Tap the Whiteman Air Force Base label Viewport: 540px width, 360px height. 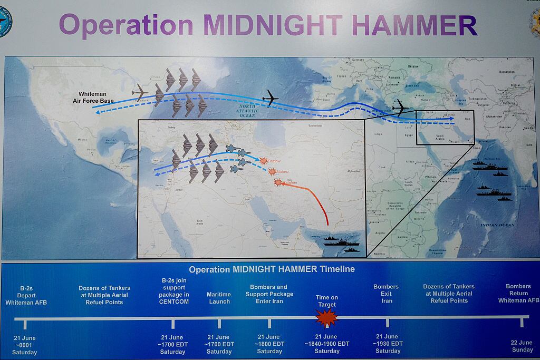click(x=93, y=98)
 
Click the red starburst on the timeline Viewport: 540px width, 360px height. click(x=326, y=318)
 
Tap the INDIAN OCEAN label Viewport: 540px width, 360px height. click(x=497, y=225)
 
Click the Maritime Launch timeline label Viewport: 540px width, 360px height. click(x=219, y=298)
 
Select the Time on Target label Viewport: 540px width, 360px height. click(x=327, y=301)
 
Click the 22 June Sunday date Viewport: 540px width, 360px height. click(x=522, y=346)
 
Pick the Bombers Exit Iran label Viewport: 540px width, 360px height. click(x=387, y=294)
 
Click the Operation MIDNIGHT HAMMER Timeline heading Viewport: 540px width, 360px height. click(x=272, y=269)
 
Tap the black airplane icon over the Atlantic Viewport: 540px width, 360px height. click(x=271, y=98)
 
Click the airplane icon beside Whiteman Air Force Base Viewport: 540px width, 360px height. click(x=140, y=93)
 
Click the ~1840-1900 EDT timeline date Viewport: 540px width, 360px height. click(x=327, y=344)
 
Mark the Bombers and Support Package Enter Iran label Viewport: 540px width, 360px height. click(x=269, y=294)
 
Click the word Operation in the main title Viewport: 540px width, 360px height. click(x=127, y=25)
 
